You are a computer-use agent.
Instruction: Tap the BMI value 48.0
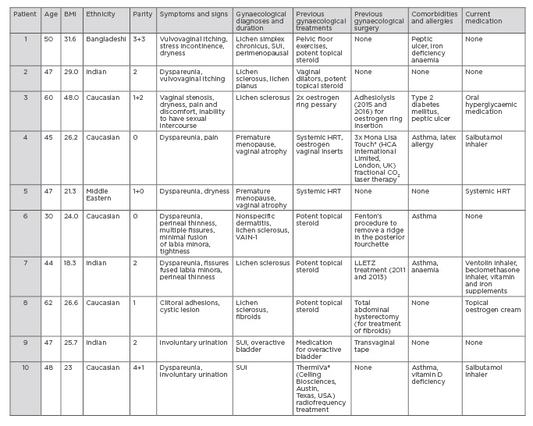72,98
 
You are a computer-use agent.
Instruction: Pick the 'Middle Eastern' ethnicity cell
103,193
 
